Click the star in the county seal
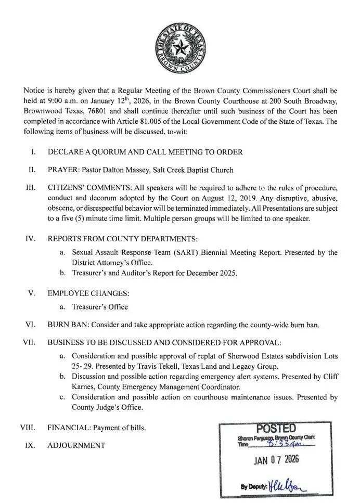coord(179,50)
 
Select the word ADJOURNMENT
coord(76,446)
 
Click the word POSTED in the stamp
coord(277,429)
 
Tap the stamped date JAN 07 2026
coord(276,461)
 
